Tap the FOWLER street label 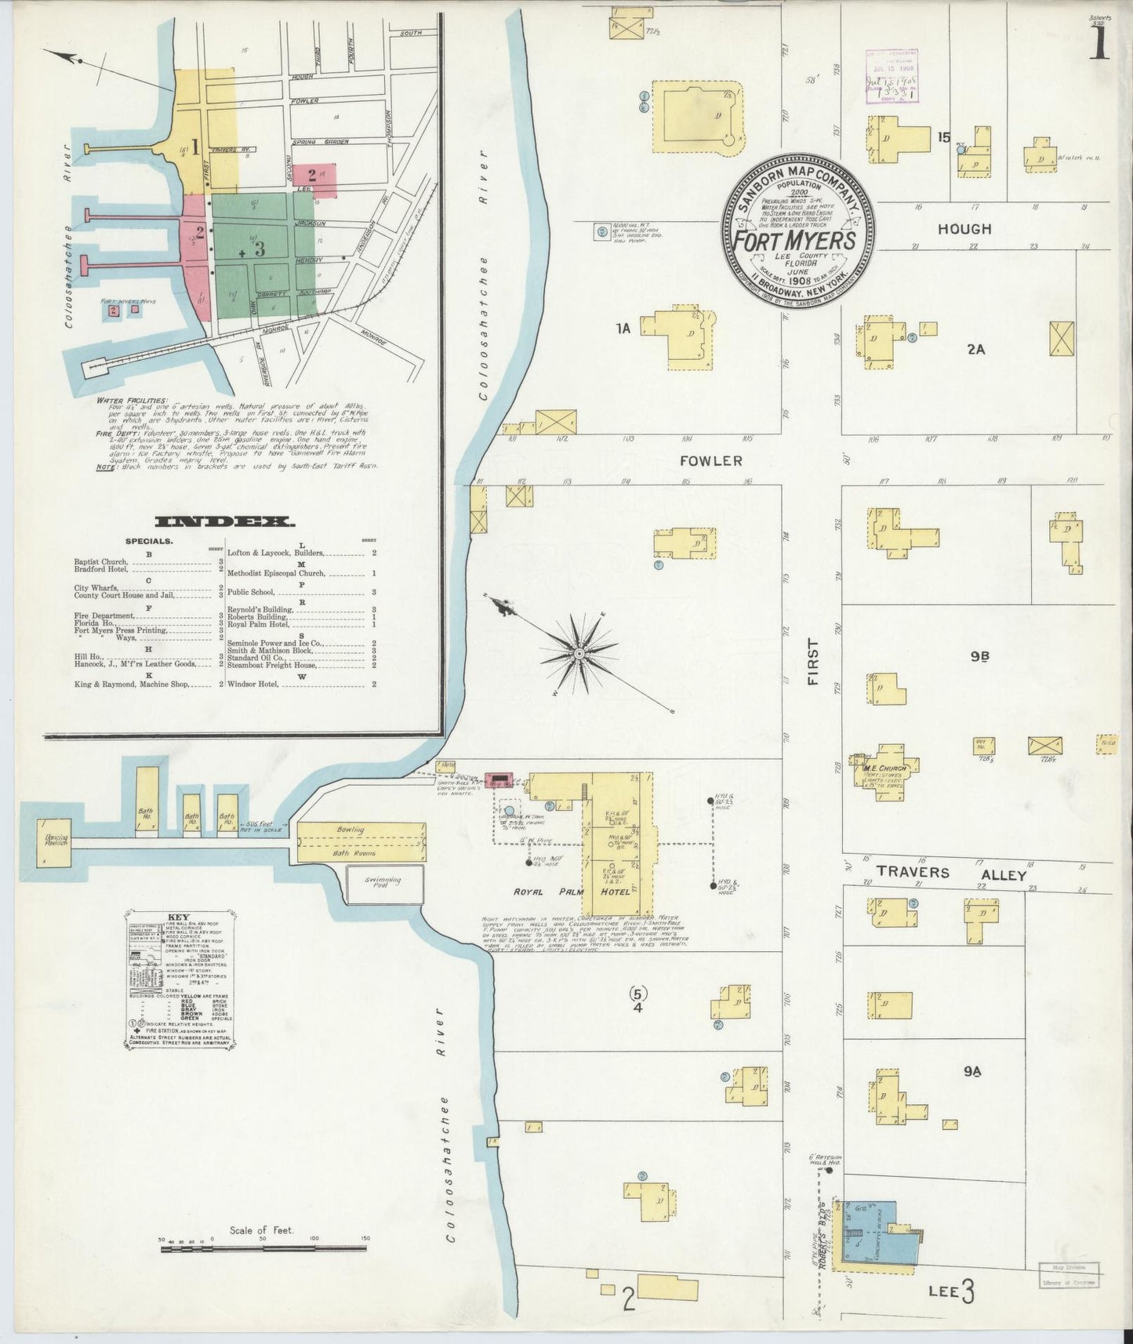tap(710, 461)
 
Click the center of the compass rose tap(578, 653)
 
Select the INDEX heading tap(224, 521)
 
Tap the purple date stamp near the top tap(892, 76)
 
